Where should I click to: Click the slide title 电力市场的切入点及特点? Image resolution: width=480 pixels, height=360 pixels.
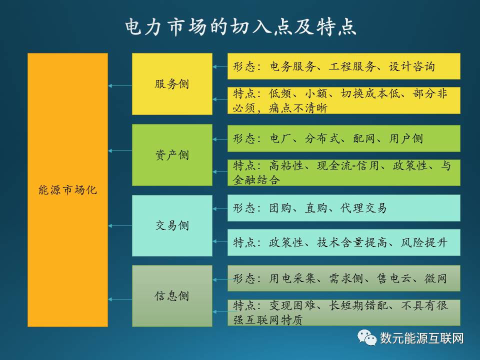coord(240,26)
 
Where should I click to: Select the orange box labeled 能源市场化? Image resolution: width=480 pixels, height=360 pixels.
coord(67,190)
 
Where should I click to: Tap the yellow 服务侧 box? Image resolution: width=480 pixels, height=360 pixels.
coord(172,84)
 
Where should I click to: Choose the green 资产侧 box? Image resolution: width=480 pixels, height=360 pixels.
coord(172,155)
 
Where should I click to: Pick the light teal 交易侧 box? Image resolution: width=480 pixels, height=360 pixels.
coord(172,225)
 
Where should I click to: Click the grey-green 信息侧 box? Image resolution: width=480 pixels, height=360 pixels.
coord(172,296)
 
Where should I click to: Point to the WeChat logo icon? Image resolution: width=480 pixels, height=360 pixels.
coord(366,337)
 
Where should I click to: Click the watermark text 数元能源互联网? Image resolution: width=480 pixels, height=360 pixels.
coord(422,338)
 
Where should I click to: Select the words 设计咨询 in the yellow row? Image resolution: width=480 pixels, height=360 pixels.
coord(412,66)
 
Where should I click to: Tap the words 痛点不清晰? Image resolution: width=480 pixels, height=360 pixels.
coord(298,108)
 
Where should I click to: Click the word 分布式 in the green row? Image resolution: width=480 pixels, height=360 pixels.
coord(322,138)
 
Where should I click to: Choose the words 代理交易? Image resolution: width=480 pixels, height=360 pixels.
coord(363,208)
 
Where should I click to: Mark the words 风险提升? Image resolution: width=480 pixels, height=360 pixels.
coord(424,243)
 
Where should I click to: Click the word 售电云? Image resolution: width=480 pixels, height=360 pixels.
coord(394,278)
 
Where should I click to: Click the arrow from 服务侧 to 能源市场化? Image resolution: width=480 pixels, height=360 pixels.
coord(120,85)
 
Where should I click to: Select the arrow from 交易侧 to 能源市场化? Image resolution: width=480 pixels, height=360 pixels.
coord(120,226)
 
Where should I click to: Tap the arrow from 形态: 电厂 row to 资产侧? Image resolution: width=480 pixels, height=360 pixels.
coord(220,139)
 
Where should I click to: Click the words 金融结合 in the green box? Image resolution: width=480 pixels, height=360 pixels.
coord(256,179)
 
